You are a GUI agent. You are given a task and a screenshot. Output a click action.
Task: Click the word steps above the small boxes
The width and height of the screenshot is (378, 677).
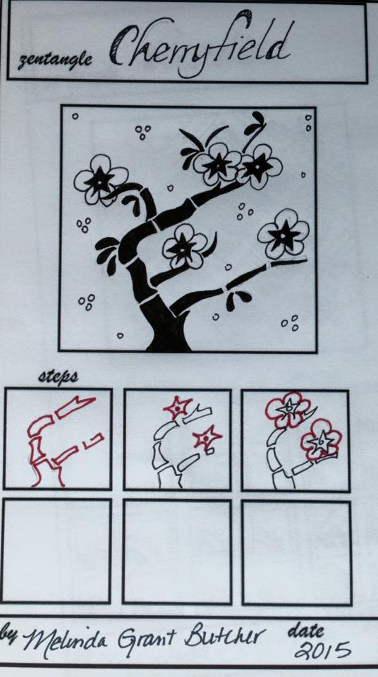(x=58, y=377)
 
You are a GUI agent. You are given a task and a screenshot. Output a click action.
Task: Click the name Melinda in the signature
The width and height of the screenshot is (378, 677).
(x=65, y=638)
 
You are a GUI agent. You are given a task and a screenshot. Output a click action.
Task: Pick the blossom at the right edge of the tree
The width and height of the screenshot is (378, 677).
(x=283, y=234)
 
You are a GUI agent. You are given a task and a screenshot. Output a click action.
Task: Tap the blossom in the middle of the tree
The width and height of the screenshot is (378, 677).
(x=185, y=247)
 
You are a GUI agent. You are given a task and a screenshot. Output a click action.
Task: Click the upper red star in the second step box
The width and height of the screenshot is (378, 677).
(x=178, y=407)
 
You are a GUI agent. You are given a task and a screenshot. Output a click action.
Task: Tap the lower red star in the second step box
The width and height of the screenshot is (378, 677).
(x=207, y=438)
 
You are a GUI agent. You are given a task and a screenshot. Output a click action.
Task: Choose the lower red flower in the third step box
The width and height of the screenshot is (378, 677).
(x=322, y=440)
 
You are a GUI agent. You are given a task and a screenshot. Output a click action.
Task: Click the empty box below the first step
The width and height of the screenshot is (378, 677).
(x=56, y=551)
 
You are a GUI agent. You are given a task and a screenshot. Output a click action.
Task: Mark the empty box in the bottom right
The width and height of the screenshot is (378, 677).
(x=296, y=553)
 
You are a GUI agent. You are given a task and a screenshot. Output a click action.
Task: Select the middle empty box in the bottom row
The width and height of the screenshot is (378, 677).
(x=177, y=551)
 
